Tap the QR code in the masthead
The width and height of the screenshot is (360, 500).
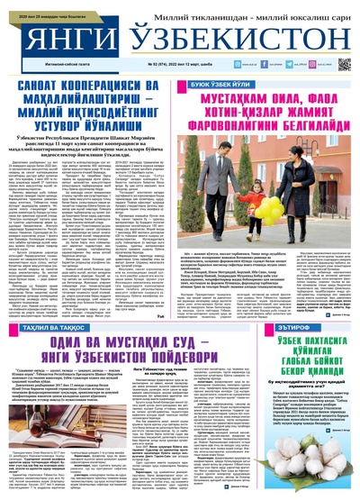pos(344,65)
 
